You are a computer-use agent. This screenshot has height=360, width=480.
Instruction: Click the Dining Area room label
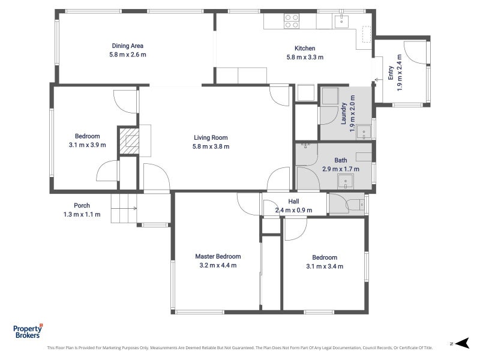click(128, 46)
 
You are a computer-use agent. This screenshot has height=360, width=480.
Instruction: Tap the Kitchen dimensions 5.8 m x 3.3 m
click(305, 57)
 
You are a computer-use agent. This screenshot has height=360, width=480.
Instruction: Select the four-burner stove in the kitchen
click(292, 21)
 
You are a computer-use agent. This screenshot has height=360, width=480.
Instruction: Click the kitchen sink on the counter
click(341, 21)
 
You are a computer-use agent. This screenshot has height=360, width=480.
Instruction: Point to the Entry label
click(391, 73)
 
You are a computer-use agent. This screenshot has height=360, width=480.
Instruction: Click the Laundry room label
click(343, 113)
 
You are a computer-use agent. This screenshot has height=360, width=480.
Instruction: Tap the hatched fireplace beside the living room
click(129, 141)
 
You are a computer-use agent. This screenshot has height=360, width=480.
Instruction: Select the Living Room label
click(211, 138)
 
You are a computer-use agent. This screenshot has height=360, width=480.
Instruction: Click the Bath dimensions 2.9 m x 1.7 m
click(341, 169)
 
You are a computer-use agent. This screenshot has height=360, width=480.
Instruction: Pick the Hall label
click(293, 202)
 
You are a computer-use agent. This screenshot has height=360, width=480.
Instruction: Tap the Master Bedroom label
click(218, 257)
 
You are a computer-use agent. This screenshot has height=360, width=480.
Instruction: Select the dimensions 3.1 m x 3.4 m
click(325, 266)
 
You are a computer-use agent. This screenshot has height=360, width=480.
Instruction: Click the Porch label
click(82, 205)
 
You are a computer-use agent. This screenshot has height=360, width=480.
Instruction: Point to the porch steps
click(124, 208)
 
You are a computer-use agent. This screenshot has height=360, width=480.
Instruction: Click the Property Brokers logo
click(28, 331)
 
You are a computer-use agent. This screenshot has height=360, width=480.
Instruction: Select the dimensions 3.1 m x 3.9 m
click(87, 145)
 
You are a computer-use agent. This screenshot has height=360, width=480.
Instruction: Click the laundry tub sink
click(364, 132)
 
